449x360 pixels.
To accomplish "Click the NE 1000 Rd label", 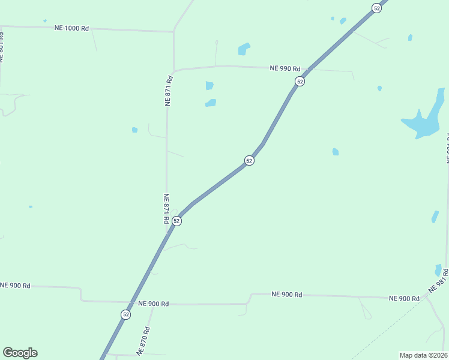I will click(x=71, y=28).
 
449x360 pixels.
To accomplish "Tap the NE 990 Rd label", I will click(x=285, y=68).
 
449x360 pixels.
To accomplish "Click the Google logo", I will click(x=20, y=353).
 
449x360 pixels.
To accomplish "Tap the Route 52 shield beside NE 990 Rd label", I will click(x=300, y=81).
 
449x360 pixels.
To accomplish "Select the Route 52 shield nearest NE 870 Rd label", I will click(x=125, y=314).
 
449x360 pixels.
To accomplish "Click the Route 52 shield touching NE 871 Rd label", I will click(x=176, y=221).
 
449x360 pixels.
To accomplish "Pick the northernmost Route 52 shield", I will click(x=376, y=8).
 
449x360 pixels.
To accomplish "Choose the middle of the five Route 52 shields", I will click(x=249, y=160).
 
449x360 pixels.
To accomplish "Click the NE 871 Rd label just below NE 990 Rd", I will click(x=169, y=91).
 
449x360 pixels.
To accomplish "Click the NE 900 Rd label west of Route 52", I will click(x=15, y=285).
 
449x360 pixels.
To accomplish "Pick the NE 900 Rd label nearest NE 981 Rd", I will click(x=403, y=298).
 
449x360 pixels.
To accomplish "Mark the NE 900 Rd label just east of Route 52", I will click(x=153, y=304).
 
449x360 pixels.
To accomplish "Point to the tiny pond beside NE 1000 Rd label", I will click(x=44, y=21).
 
